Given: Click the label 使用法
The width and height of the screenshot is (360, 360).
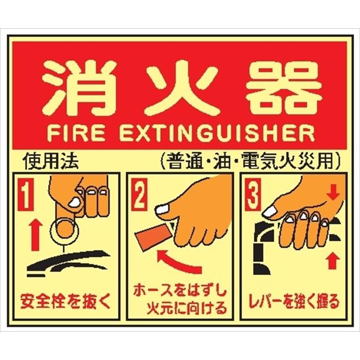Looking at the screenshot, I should (52, 161).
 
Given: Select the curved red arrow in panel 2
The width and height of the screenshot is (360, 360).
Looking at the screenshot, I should (178, 261).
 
